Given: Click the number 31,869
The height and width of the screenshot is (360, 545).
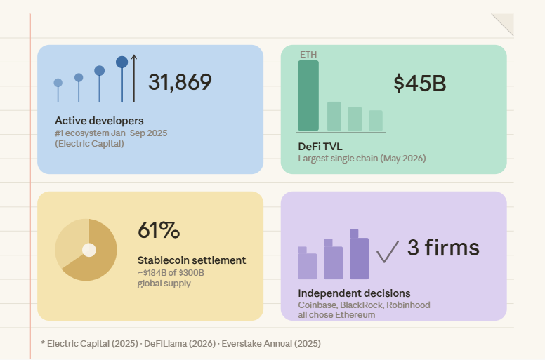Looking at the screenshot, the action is tap(180, 82).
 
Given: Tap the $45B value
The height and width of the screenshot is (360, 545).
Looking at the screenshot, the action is tap(419, 84).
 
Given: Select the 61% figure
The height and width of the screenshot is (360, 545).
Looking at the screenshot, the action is tap(159, 230).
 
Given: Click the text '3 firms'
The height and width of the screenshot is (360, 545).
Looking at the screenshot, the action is tap(443, 248).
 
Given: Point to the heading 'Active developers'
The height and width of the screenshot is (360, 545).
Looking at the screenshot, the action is tap(99, 121).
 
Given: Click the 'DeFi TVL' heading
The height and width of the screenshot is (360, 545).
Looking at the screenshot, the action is tap(320, 147).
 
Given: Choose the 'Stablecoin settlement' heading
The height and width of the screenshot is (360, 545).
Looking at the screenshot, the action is tap(192, 260).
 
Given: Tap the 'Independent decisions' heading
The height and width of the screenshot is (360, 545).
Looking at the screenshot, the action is tap(354, 293).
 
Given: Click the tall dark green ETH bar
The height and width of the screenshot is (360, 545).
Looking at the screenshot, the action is tap(308, 96).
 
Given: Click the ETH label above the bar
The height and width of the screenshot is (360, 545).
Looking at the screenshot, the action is tap(308, 55).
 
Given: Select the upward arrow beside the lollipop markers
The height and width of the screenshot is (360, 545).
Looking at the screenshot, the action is tap(134, 79).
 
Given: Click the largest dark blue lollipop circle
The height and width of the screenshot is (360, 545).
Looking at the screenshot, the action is tap(122, 62).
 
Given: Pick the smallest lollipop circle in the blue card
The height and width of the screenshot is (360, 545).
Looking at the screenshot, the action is tap(58, 83).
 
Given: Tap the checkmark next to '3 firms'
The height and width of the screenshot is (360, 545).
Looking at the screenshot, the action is tap(388, 251).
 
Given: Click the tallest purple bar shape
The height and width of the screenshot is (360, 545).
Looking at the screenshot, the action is tap(359, 254).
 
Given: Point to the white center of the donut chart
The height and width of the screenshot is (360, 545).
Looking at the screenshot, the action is tap(89, 250).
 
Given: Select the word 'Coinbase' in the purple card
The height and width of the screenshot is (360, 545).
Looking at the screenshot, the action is tap(317, 305).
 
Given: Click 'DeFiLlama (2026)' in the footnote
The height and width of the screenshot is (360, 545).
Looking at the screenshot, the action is tap(180, 344).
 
